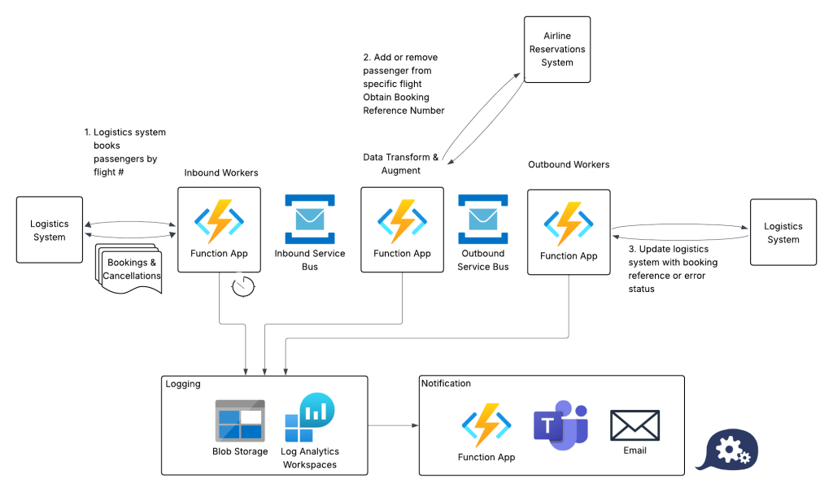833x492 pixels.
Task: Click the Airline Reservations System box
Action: point(557,49)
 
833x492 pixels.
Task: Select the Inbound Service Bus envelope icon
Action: point(309,219)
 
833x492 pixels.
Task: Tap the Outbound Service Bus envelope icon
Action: point(483,219)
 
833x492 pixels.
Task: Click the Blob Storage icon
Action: point(240,420)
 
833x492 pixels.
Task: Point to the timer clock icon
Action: point(242,286)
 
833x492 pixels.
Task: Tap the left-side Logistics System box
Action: point(50,230)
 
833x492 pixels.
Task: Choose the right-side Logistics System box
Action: point(783,233)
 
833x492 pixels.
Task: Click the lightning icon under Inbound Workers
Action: point(219,220)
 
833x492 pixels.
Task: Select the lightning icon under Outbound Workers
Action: point(569,223)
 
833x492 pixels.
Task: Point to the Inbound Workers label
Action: point(221,172)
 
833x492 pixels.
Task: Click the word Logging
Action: point(183,384)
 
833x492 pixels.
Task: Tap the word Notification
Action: point(447,383)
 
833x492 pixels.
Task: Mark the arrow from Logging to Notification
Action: point(393,425)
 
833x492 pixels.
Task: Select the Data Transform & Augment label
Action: point(401,163)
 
